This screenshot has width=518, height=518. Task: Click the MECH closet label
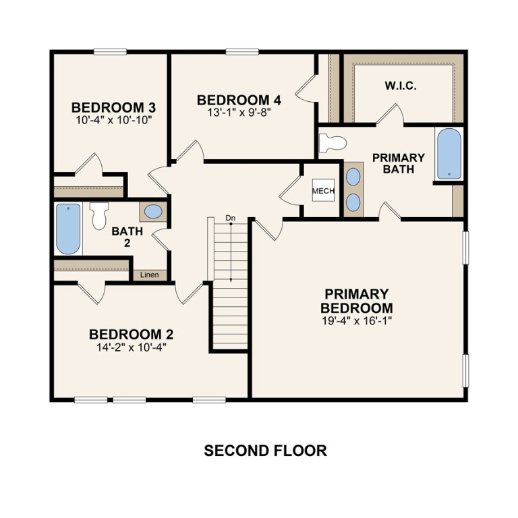tap(323, 192)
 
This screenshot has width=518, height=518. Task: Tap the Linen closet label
tap(150, 275)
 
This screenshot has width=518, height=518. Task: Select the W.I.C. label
tap(401, 86)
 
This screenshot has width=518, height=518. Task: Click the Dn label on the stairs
tap(231, 218)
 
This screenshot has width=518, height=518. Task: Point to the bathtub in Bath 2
tap(68, 228)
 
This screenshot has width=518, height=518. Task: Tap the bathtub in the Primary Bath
tap(448, 153)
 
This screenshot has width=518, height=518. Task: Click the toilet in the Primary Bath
tap(331, 143)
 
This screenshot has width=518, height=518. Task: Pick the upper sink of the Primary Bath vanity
tap(353, 177)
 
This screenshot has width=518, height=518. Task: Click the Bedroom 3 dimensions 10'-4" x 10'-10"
tap(114, 120)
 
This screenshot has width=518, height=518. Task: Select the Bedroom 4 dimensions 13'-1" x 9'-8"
tap(239, 113)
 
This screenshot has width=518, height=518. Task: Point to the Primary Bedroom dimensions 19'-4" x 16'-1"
tap(357, 320)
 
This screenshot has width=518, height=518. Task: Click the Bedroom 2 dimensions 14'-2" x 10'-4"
tap(132, 347)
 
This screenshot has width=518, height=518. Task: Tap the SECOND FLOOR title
tap(265, 451)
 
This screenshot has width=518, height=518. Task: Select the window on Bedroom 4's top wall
tap(242, 52)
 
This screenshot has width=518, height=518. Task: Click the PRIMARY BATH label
tap(399, 163)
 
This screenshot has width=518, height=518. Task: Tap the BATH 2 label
tap(127, 237)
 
